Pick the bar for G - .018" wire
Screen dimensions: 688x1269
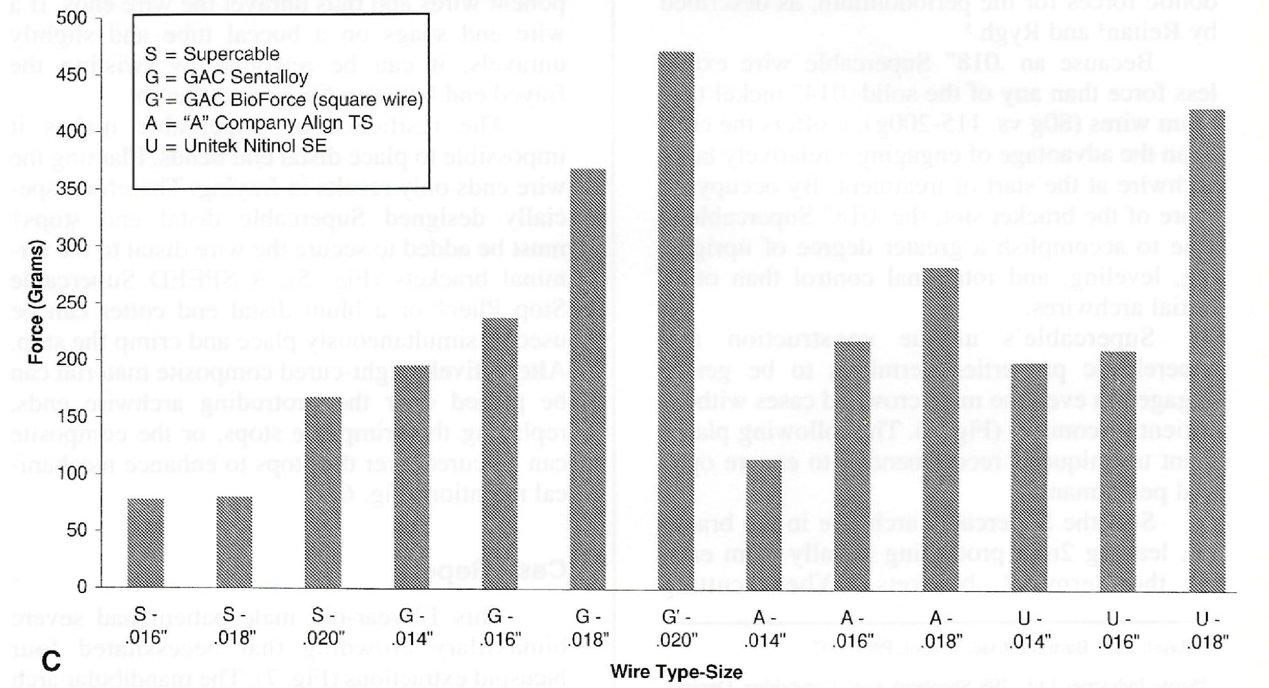click(587, 379)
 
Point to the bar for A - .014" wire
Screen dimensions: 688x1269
click(764, 525)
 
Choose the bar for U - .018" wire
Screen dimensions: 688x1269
click(1207, 350)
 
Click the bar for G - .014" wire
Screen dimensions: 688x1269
click(412, 477)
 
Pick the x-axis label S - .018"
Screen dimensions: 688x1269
click(234, 626)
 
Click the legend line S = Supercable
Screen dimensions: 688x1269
click(212, 54)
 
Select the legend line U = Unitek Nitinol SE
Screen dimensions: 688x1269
click(236, 146)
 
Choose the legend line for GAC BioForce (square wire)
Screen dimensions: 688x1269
click(284, 100)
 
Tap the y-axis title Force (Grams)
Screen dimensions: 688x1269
click(36, 302)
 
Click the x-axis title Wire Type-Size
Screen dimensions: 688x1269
click(676, 672)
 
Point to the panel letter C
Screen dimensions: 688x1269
click(51, 661)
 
